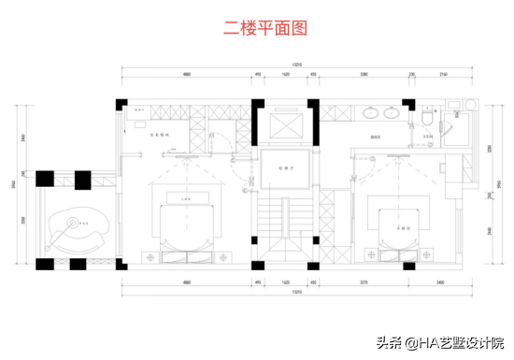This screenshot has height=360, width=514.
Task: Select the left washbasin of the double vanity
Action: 371,115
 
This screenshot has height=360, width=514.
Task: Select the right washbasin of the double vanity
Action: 391,115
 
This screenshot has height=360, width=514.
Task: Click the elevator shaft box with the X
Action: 280,125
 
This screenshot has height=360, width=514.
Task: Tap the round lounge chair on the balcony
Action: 78,225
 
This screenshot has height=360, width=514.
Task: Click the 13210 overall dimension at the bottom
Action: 296,291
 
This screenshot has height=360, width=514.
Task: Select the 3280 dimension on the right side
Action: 489,150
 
